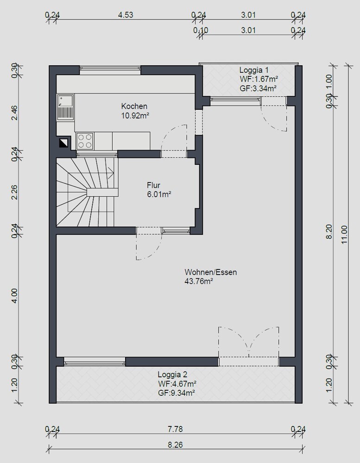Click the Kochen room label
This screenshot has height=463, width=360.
[134, 106]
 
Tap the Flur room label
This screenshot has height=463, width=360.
[153, 186]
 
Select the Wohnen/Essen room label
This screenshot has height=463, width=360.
[211, 272]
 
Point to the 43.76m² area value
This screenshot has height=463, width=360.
[199, 282]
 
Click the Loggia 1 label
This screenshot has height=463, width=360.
[254, 70]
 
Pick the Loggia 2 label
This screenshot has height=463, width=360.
[172, 375]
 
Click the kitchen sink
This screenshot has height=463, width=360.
[65, 107]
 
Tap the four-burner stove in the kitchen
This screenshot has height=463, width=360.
[84, 141]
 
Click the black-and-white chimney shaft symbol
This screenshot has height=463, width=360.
[63, 143]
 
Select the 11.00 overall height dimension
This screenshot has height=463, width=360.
[344, 234]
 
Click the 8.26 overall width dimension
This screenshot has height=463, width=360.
[175, 444]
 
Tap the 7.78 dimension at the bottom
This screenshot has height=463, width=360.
[175, 429]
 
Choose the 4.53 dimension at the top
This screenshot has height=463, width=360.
[126, 15]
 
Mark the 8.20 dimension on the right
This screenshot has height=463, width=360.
[329, 231]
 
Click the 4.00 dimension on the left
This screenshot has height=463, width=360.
[15, 296]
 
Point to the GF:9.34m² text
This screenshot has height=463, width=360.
[176, 393]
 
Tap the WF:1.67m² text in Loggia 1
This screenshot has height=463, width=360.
[259, 79]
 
